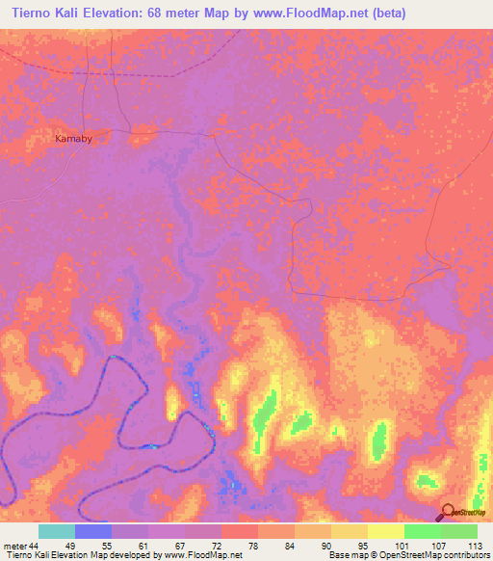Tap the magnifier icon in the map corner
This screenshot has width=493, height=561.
coord(449,512)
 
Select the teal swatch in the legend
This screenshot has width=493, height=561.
coord(57,531)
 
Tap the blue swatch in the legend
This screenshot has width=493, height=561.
coord(93,531)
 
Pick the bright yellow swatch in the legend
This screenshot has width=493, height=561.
coord(386,531)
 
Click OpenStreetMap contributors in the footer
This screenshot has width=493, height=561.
coord(440,555)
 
